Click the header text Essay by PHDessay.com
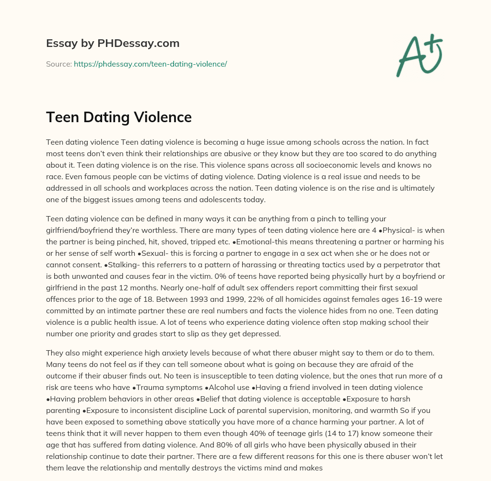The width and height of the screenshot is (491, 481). [113, 43]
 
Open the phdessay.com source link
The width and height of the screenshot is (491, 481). [150, 64]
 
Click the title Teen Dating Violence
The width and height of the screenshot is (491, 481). [119, 117]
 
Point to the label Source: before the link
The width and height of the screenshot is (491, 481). [59, 64]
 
